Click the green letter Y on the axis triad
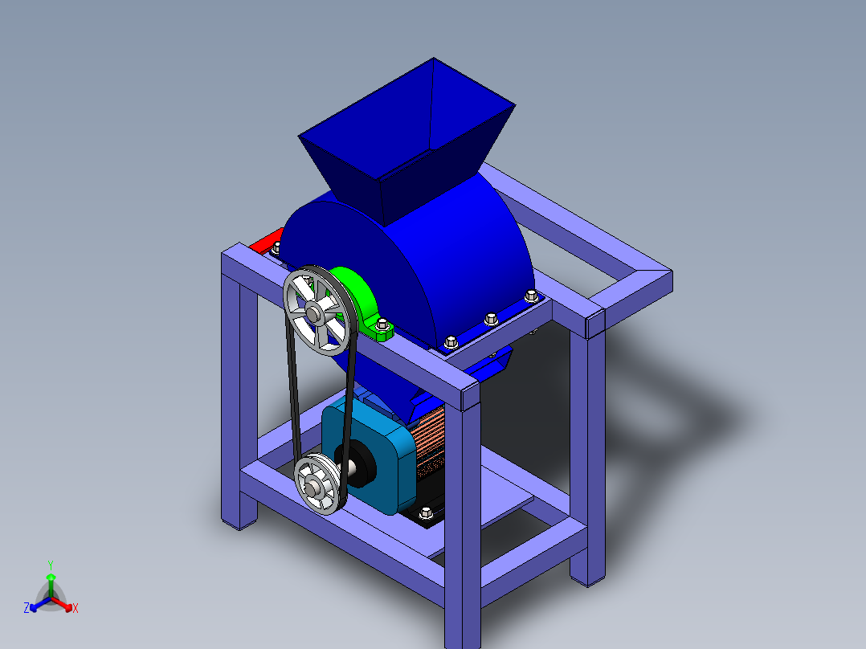coord(50,565)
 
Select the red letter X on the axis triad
coord(75,609)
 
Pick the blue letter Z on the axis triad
coord(27,608)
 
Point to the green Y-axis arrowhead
coord(50,578)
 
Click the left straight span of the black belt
coord(292,394)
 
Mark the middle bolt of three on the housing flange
coord(491,319)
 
